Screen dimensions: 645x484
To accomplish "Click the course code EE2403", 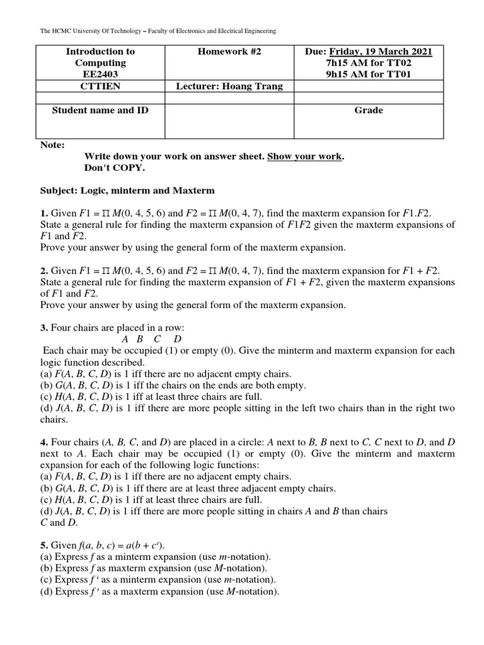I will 100,74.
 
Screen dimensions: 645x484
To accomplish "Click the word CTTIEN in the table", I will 100,86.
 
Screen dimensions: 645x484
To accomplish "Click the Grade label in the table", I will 369,110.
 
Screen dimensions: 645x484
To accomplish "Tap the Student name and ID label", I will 100,110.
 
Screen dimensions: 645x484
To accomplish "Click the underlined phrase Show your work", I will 305,156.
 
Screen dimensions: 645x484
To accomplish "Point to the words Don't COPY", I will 115,168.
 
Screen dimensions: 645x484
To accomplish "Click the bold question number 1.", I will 43,214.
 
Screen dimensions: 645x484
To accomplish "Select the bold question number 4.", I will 43,443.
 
